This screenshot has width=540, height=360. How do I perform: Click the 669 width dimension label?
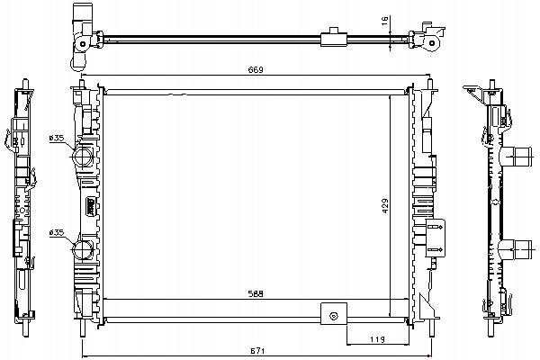pos(256,70)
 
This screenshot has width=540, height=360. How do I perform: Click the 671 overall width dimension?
pos(256,351)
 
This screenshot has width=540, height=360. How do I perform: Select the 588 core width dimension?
pos(256,294)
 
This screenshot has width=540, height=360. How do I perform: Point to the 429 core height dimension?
pos(385,206)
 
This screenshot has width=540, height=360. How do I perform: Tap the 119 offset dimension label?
pos(377,339)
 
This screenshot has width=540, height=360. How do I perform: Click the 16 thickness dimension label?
pos(384,21)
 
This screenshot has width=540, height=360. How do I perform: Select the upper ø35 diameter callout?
pos(57,138)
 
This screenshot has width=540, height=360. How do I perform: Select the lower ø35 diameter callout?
pos(57,232)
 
